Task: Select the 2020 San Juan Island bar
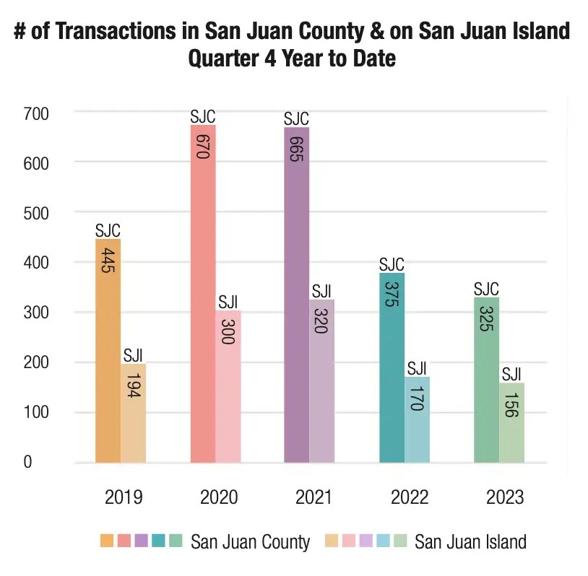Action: [228, 390]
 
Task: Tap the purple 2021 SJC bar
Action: [296, 303]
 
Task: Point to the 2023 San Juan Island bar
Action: [511, 426]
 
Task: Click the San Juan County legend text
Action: [250, 542]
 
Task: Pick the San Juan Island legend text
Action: [470, 542]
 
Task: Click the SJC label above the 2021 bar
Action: [296, 118]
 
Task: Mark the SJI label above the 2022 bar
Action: [417, 368]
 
